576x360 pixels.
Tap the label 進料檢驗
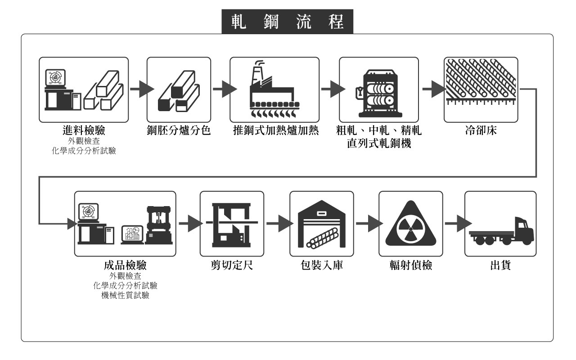point(84,131)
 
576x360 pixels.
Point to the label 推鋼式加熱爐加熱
point(274,131)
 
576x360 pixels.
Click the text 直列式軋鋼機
point(379,144)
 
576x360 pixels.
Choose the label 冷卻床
point(476,131)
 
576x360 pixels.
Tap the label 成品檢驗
point(125,265)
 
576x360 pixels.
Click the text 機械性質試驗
point(125,296)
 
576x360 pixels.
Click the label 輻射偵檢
point(411,265)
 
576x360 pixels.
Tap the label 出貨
point(500,265)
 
